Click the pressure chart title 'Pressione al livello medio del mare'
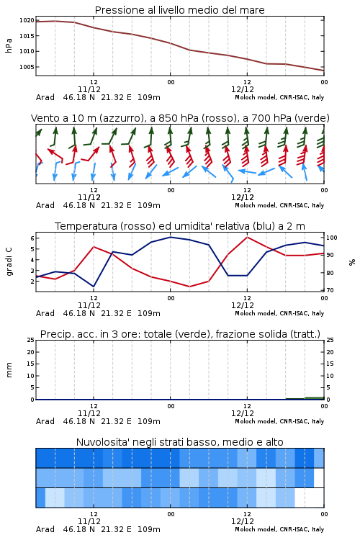point(179,10)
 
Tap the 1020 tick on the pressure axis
point(27,20)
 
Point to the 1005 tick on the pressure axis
point(27,67)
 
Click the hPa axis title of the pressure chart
point(9,45)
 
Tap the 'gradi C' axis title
point(9,262)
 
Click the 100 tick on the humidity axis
point(331,238)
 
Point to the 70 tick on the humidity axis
point(330,290)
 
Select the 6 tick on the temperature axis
point(32,238)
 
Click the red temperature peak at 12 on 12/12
point(247,238)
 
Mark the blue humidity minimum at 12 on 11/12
point(94,286)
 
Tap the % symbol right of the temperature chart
point(352,262)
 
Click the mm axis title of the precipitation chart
point(9,370)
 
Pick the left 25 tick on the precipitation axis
point(31,340)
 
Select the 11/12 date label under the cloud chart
point(89,521)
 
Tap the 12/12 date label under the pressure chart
point(243,89)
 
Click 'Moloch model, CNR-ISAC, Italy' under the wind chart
point(279,205)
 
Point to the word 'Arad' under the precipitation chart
point(45,421)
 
